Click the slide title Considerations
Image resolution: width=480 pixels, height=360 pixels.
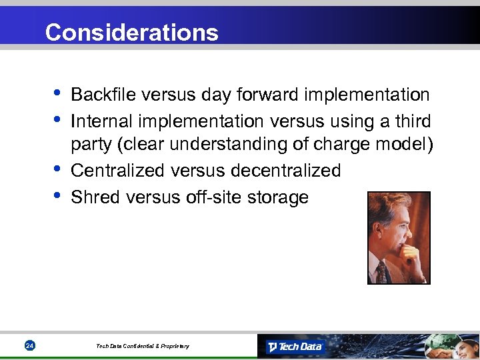(131, 32)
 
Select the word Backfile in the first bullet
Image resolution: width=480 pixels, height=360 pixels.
(96, 95)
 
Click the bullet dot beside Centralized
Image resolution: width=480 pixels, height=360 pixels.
(58, 169)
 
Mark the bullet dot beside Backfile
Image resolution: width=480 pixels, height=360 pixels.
(58, 93)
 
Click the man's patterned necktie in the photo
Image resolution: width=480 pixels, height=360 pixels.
(381, 271)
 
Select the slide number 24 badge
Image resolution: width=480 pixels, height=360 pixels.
(29, 345)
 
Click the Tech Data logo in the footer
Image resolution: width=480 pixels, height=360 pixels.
(295, 347)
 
